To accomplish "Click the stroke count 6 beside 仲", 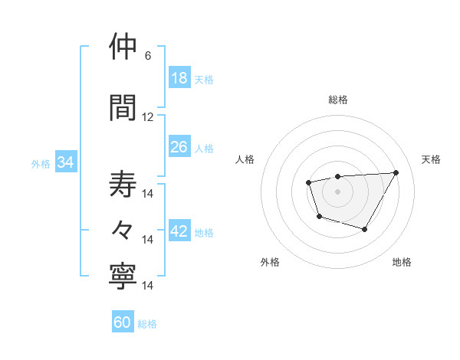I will click(x=148, y=56).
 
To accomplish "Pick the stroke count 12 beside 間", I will click(x=148, y=117).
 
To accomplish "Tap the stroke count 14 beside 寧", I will click(x=148, y=286).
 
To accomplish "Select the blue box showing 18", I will click(x=179, y=78).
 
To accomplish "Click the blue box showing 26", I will click(x=179, y=146).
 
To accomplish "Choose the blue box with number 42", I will click(x=179, y=232).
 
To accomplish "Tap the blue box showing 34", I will click(x=65, y=162).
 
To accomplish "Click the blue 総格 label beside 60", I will click(x=147, y=324).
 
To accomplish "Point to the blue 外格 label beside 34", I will click(x=41, y=163).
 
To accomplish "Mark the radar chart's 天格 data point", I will click(x=396, y=172).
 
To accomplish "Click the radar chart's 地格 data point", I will click(x=365, y=229).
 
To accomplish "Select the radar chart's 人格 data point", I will click(x=308, y=182).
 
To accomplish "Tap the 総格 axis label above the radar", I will click(x=338, y=100).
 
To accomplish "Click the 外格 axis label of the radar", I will click(x=270, y=262).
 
